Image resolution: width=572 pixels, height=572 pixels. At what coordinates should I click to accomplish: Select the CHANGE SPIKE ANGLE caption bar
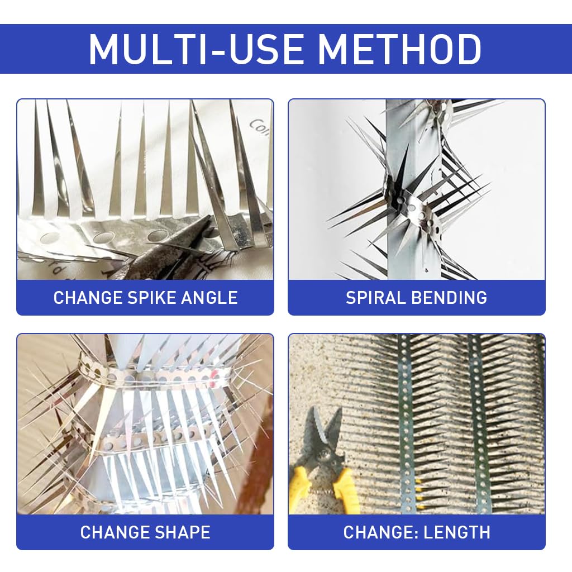(145, 297)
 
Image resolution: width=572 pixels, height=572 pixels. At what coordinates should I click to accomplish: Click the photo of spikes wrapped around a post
(417, 189)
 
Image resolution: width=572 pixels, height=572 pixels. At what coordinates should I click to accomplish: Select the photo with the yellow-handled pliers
(417, 424)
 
